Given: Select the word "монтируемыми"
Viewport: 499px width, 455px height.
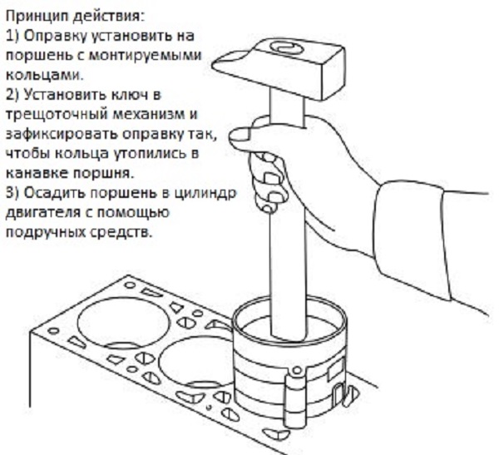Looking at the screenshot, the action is (145, 55).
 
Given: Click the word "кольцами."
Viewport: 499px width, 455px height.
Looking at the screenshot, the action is (44, 75).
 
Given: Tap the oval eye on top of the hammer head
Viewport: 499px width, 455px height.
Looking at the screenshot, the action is (286, 47).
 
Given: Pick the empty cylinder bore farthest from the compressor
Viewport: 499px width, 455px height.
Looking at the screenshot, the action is (123, 323).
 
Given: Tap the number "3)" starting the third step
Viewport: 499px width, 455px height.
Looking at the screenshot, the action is (12, 194).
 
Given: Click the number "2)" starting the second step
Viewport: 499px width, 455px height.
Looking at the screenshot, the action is (12, 95).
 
